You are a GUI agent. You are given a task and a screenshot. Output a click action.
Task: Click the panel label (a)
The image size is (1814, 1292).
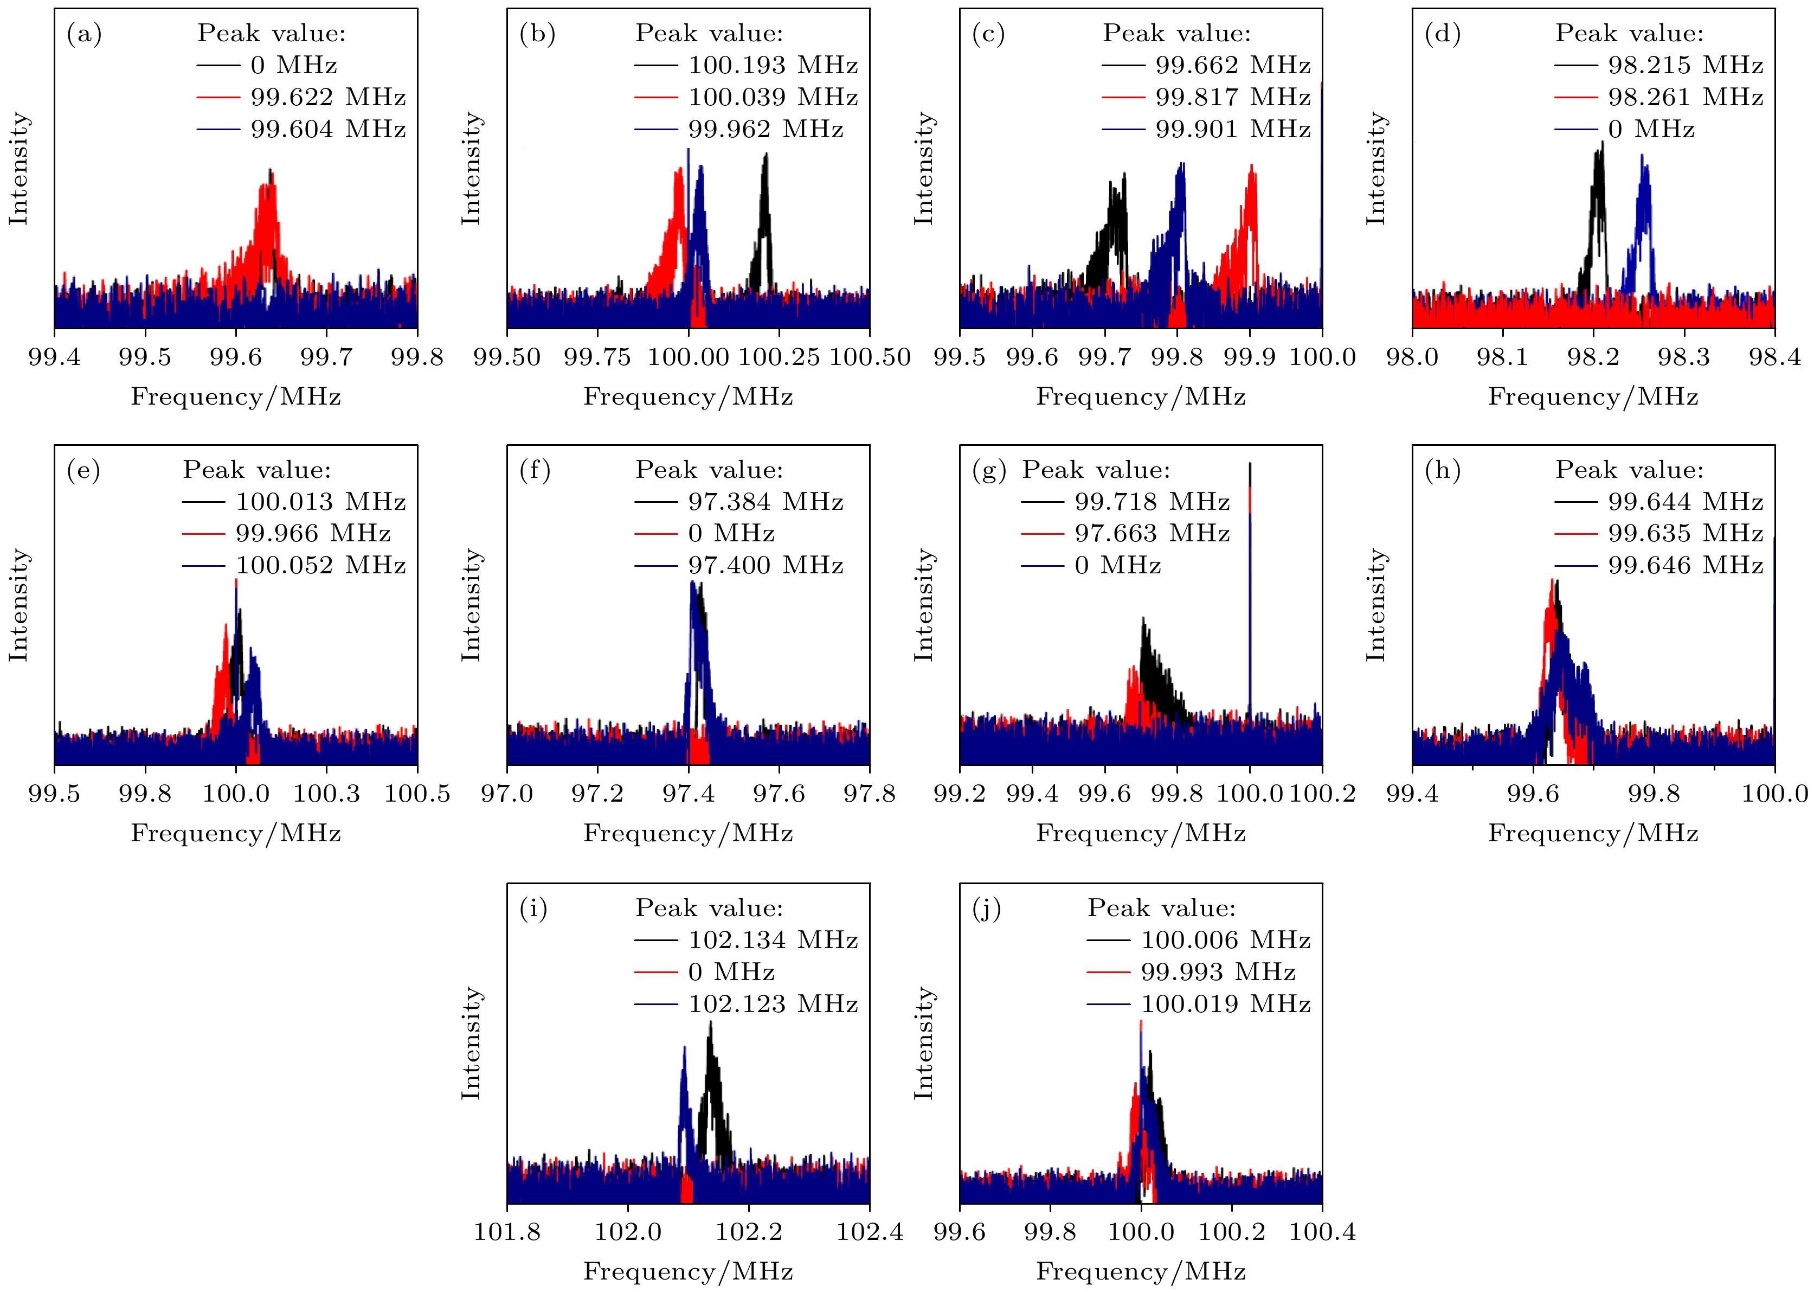(84, 34)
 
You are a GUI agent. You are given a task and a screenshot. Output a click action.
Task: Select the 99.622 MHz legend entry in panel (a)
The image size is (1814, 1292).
(327, 97)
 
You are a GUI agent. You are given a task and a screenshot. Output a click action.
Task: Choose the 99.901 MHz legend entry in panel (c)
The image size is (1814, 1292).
(1232, 129)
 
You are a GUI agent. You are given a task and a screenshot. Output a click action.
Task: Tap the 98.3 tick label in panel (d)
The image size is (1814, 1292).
(1683, 357)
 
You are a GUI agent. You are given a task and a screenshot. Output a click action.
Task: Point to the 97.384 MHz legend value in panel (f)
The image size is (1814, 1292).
(765, 502)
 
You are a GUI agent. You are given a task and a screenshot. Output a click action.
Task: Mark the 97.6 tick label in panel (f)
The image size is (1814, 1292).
(779, 794)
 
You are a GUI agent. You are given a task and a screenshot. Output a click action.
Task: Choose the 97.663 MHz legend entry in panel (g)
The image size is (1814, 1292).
(1152, 533)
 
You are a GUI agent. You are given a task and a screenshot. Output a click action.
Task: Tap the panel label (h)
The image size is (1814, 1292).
(1442, 471)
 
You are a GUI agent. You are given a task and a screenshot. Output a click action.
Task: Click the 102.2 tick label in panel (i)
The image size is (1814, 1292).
(748, 1232)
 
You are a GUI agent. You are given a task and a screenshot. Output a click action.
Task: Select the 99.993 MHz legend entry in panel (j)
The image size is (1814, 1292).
(1218, 972)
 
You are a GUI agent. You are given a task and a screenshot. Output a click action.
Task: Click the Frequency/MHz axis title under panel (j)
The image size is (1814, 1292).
(1141, 1271)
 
